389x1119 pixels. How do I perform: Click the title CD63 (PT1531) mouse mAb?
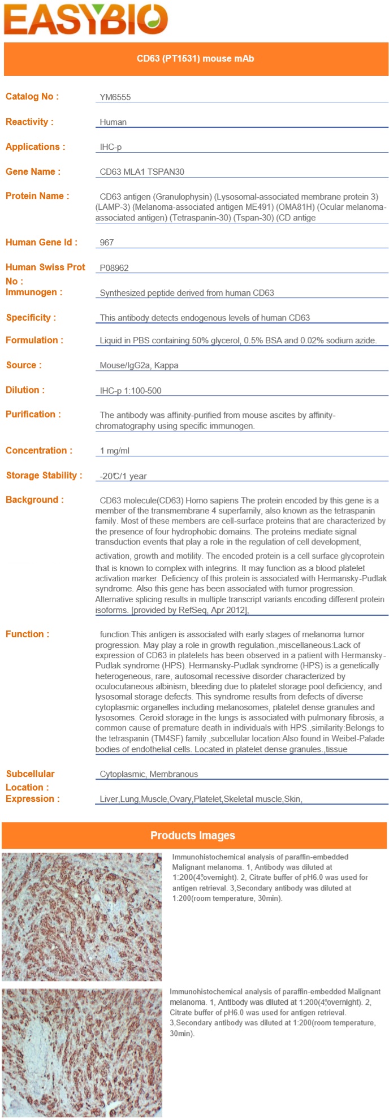pyautogui.click(x=195, y=58)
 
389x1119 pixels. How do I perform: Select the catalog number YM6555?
pyautogui.click(x=115, y=97)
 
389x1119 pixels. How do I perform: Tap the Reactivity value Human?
pyautogui.click(x=113, y=122)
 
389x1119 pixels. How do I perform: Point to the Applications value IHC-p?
pyautogui.click(x=111, y=147)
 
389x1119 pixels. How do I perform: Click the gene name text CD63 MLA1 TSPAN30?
pyautogui.click(x=142, y=172)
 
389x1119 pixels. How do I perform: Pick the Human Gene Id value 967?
pyautogui.click(x=107, y=243)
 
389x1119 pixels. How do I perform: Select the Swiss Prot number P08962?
pyautogui.click(x=114, y=268)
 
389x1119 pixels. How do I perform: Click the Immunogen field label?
pyautogui.click(x=34, y=292)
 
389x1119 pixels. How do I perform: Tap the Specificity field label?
pyautogui.click(x=31, y=317)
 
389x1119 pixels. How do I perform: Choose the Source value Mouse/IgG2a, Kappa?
pyautogui.click(x=139, y=365)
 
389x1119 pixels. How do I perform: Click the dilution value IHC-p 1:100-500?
pyautogui.click(x=131, y=391)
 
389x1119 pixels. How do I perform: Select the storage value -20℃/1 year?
pyautogui.click(x=123, y=476)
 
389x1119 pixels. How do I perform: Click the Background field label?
pyautogui.click(x=34, y=500)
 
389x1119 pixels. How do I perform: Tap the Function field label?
pyautogui.click(x=27, y=634)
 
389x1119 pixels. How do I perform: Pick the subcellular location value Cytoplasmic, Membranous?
pyautogui.click(x=149, y=774)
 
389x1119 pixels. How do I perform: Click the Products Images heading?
pyautogui.click(x=193, y=836)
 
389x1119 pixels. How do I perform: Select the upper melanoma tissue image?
pyautogui.click(x=81, y=917)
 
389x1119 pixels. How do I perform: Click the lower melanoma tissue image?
pyautogui.click(x=81, y=1052)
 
